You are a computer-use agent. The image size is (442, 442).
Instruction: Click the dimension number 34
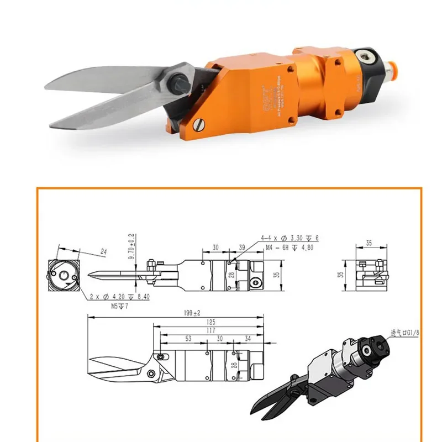pos(247,338)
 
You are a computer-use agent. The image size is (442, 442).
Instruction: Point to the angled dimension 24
pos(103,252)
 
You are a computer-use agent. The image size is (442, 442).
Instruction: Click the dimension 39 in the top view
pos(241,248)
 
